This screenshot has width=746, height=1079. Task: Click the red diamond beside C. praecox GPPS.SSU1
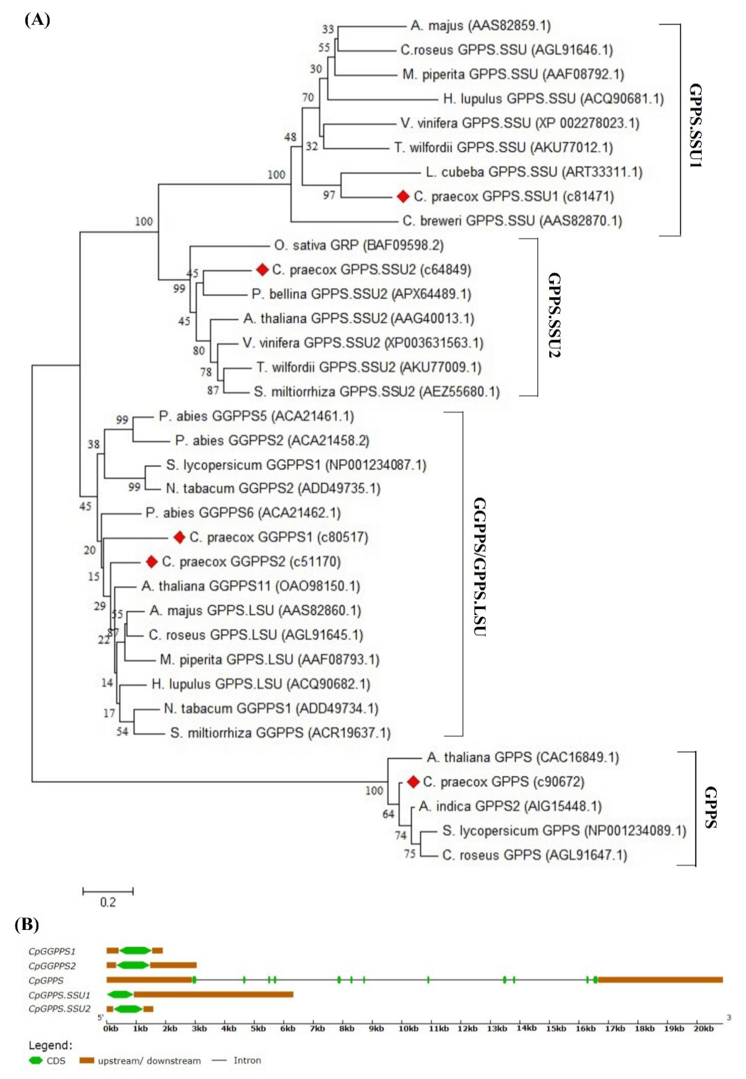[403, 197]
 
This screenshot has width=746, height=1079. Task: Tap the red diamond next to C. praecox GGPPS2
[151, 562]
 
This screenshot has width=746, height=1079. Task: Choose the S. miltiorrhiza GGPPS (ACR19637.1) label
[280, 733]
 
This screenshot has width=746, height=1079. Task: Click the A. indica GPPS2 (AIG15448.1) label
[510, 806]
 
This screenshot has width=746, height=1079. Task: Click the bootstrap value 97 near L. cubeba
[329, 195]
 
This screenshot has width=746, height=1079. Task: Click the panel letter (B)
[27, 924]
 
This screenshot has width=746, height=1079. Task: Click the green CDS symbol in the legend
[36, 1060]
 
